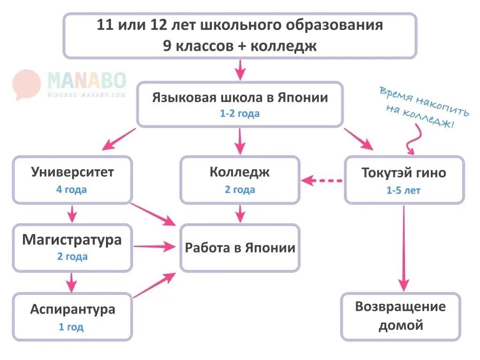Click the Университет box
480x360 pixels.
pyautogui.click(x=72, y=180)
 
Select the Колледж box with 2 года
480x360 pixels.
pyautogui.click(x=240, y=180)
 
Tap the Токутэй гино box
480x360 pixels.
pyautogui.click(x=404, y=180)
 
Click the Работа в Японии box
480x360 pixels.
pyautogui.click(x=240, y=247)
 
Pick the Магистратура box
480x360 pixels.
pyautogui.click(x=72, y=247)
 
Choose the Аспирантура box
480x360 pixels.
pyautogui.click(x=72, y=316)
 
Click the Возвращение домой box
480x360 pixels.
pyautogui.click(x=400, y=316)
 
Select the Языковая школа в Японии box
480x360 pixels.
pyautogui.click(x=240, y=104)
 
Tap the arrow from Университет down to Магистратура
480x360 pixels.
pyautogui.click(x=71, y=214)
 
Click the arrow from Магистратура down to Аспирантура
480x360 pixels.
pyautogui.click(x=71, y=282)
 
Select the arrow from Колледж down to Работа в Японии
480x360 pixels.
pyautogui.click(x=240, y=214)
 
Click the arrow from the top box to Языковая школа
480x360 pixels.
pyautogui.click(x=240, y=70)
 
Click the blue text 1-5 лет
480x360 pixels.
pyautogui.click(x=404, y=190)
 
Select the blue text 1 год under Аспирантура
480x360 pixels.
pyautogui.click(x=71, y=327)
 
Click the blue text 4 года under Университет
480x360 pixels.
pyautogui.click(x=72, y=190)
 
